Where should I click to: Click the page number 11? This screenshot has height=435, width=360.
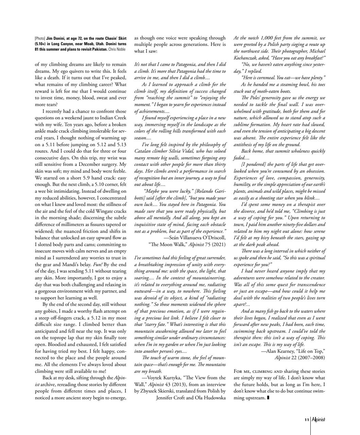coord(307,419)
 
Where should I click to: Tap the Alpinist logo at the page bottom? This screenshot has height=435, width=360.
coord(319,419)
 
